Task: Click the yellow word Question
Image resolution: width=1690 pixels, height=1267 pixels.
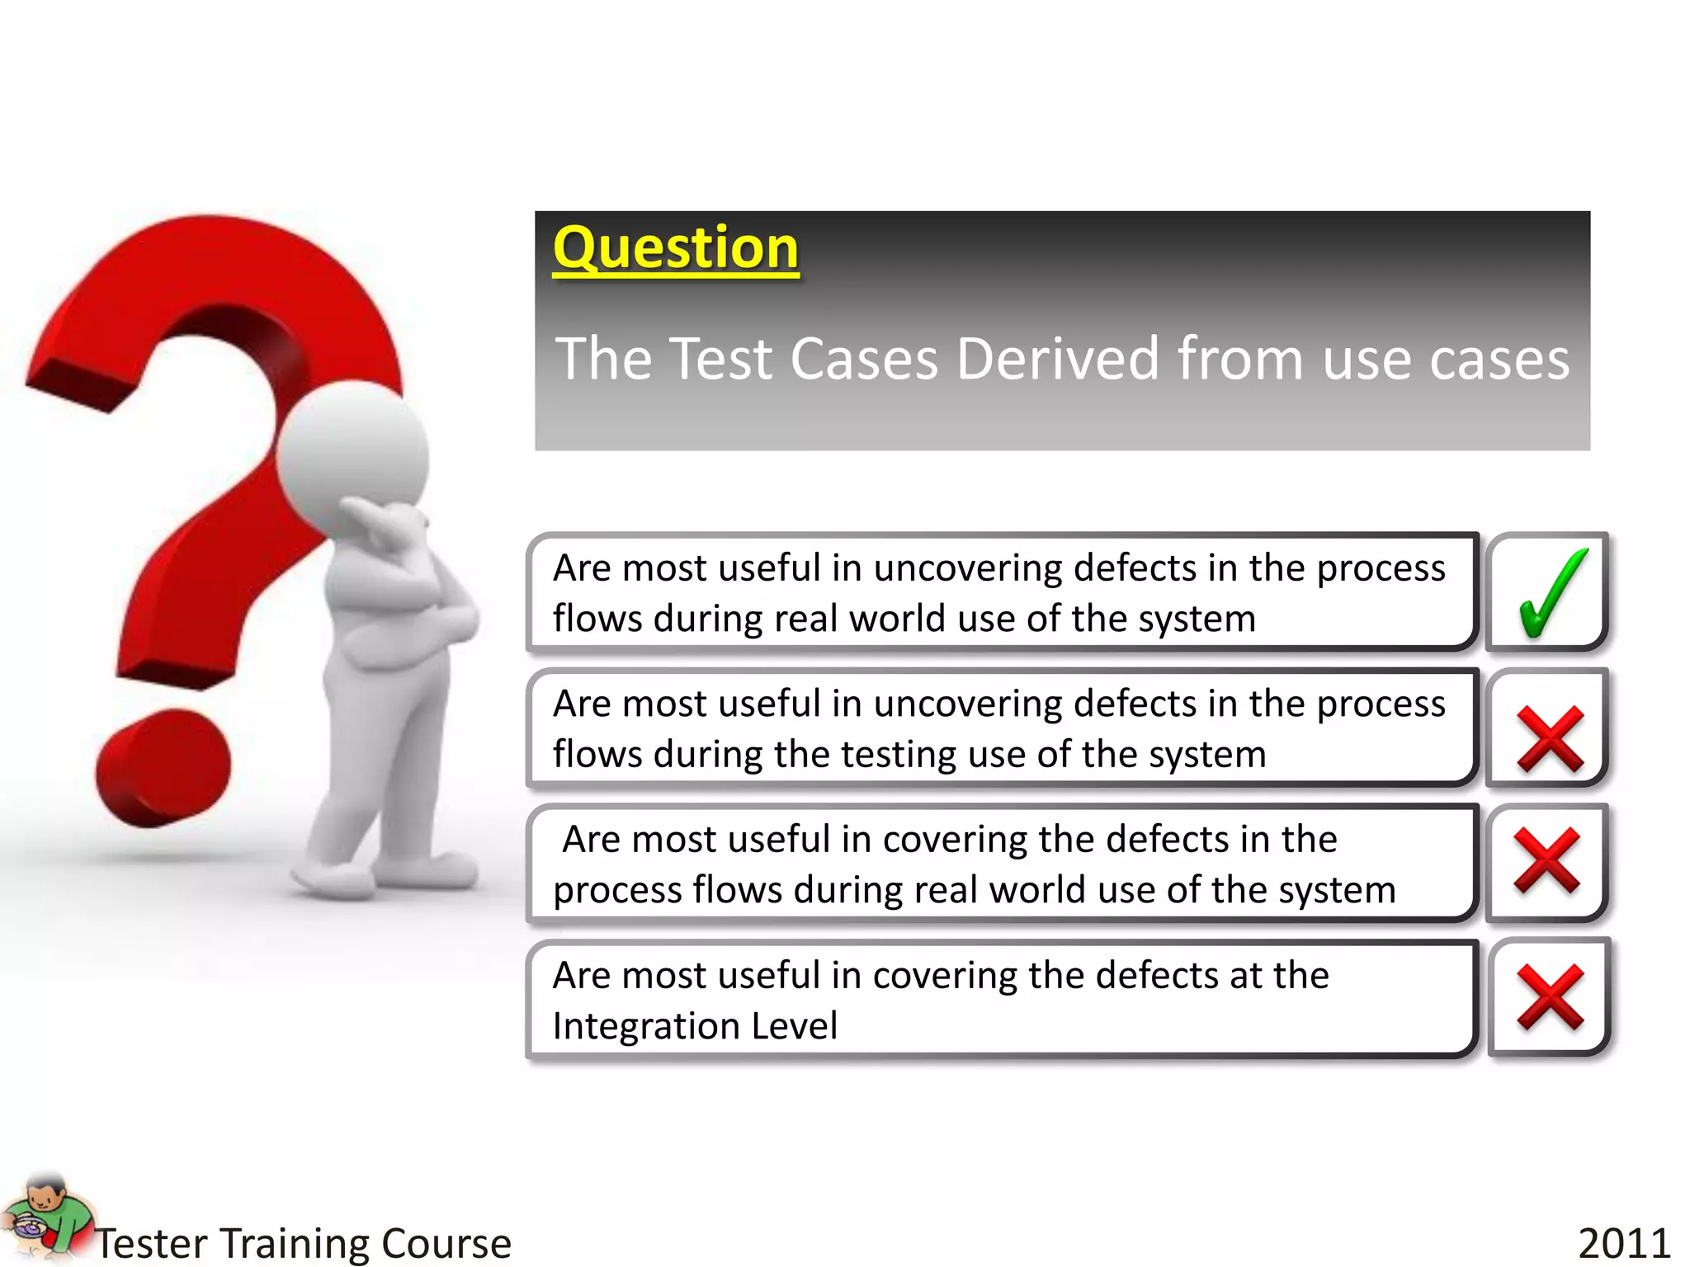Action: pyautogui.click(x=675, y=247)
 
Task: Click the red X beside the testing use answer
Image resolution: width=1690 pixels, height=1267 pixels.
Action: pyautogui.click(x=1550, y=739)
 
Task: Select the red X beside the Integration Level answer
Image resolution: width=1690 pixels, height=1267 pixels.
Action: pyautogui.click(x=1550, y=997)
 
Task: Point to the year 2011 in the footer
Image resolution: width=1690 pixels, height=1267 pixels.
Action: pyautogui.click(x=1624, y=1243)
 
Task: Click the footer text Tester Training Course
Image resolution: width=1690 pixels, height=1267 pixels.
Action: pyautogui.click(x=303, y=1243)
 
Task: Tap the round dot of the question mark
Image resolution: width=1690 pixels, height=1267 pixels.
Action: pyautogui.click(x=163, y=768)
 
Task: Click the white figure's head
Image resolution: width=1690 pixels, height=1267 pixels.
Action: pyautogui.click(x=353, y=454)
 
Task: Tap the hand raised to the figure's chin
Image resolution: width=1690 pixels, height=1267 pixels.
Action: pyautogui.click(x=388, y=528)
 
